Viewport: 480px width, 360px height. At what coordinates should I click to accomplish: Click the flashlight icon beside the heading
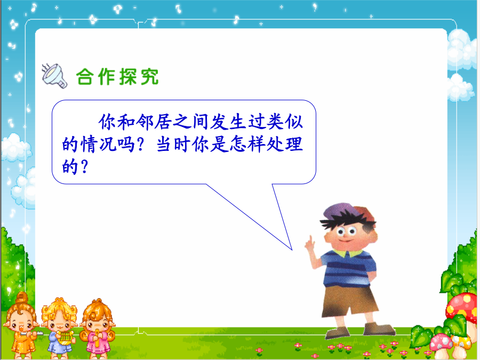pyautogui.click(x=54, y=76)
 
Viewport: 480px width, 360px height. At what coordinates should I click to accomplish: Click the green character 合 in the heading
pyautogui.click(x=85, y=76)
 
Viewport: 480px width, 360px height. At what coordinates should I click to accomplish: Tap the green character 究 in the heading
pyautogui.click(x=150, y=76)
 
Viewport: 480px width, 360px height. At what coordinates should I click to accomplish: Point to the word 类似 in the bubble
pyautogui.click(x=285, y=122)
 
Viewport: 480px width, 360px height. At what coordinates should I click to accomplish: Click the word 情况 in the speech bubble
pyautogui.click(x=99, y=145)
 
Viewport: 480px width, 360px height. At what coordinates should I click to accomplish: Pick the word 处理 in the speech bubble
pyautogui.click(x=285, y=145)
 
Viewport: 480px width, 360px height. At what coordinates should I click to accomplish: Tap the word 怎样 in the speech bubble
pyautogui.click(x=248, y=145)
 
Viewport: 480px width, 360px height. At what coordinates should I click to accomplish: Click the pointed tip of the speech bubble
pyautogui.click(x=292, y=250)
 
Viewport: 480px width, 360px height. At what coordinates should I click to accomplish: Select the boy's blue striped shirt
pyautogui.click(x=348, y=268)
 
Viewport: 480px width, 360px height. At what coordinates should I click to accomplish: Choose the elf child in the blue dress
pyautogui.click(x=60, y=328)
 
